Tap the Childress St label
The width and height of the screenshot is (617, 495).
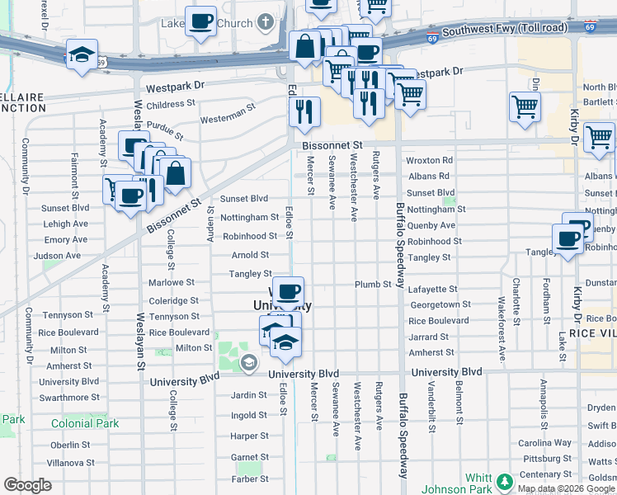coord(170,105)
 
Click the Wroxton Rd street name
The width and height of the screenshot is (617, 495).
coord(430,160)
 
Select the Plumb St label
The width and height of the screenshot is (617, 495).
coord(373,284)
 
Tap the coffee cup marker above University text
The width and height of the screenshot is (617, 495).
coord(288,292)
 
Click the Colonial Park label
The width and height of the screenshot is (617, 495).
coord(85,424)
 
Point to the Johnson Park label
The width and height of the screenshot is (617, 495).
coord(450,489)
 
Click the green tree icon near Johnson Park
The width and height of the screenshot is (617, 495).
coord(502,479)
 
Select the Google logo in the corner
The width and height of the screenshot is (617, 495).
coord(27,485)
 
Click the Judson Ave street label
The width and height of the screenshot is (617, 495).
coord(57,256)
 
